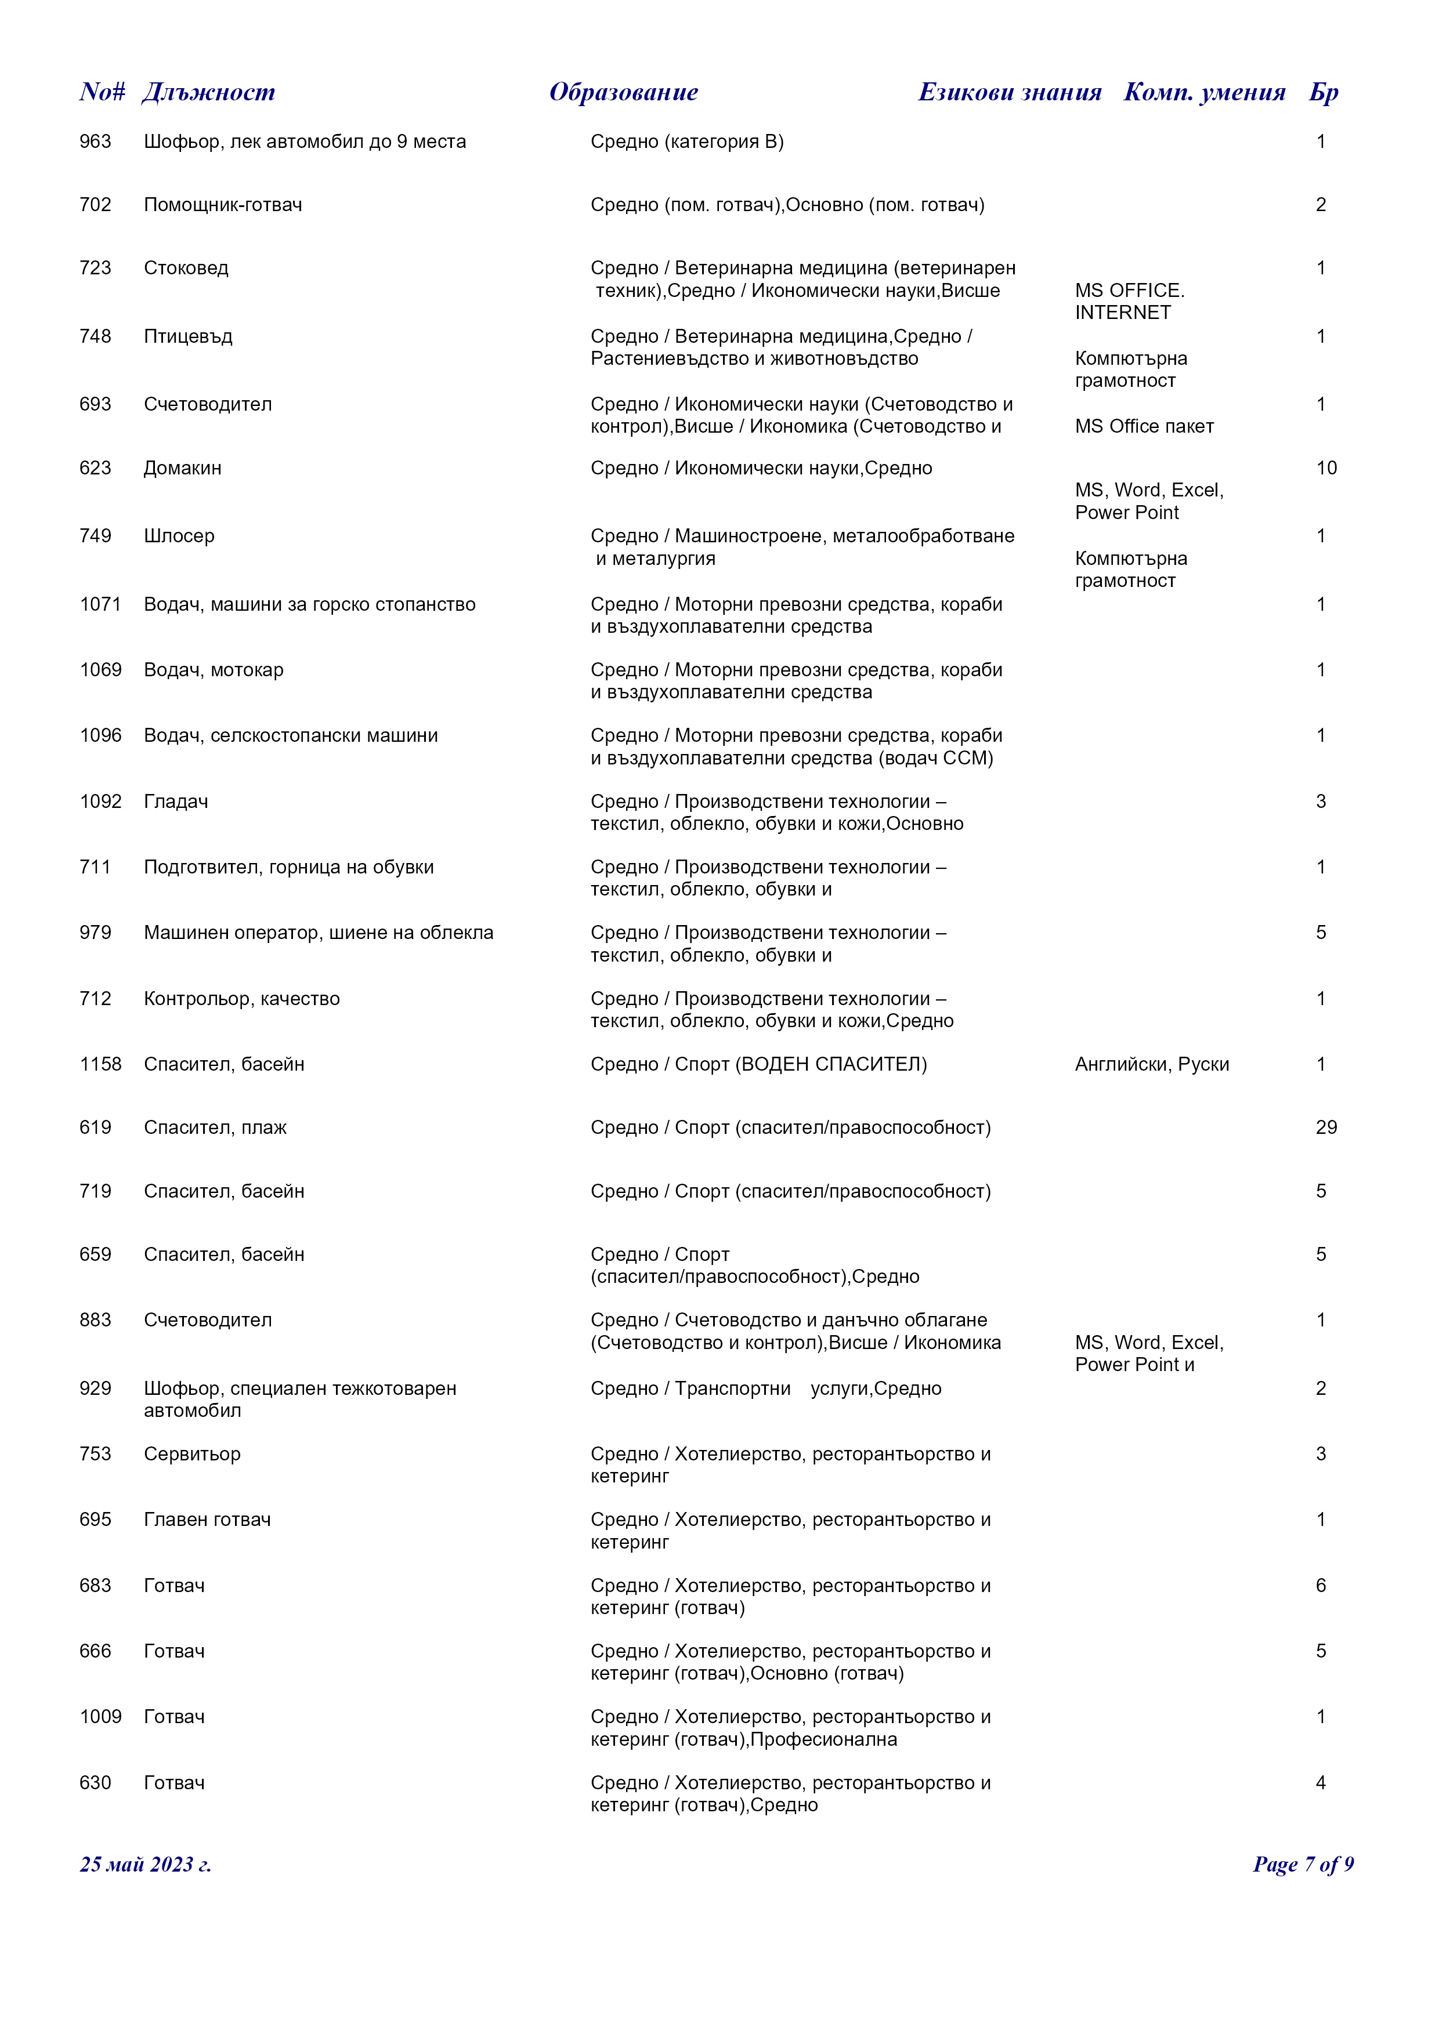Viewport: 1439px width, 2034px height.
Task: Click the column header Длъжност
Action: (x=208, y=92)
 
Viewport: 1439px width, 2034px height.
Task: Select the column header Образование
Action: (x=623, y=92)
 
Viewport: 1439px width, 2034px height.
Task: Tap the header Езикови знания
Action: (x=1009, y=92)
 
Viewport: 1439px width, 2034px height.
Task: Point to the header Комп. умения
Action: (x=1204, y=92)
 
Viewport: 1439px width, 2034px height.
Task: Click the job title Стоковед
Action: (x=186, y=267)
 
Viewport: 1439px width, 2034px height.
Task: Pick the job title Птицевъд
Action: (x=188, y=336)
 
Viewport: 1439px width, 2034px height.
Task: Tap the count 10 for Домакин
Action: (x=1326, y=467)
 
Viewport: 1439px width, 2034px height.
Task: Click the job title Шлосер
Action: (x=179, y=536)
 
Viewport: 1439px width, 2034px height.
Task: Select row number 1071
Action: (x=100, y=604)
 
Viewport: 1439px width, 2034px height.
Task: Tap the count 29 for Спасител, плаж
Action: (x=1326, y=1127)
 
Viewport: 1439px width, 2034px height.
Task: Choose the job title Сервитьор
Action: (x=192, y=1454)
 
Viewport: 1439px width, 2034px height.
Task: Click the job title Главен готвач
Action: (x=207, y=1520)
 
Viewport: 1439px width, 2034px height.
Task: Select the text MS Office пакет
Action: (x=1144, y=426)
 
